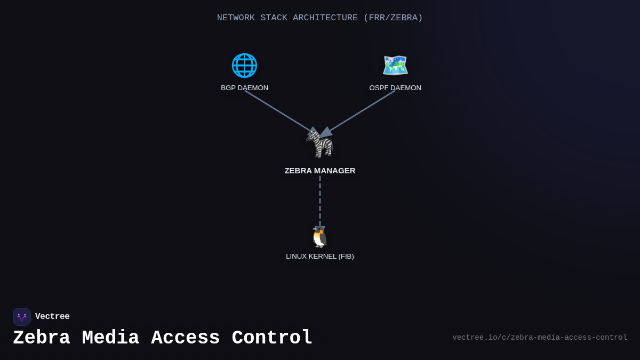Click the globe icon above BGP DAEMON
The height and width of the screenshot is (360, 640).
pos(244,66)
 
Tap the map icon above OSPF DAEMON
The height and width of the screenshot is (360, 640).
pos(395,66)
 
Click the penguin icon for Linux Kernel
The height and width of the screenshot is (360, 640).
pos(320,237)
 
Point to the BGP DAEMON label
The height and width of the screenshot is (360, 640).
pos(245,88)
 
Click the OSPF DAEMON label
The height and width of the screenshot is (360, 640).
pos(395,88)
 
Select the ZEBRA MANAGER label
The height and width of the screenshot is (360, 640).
pos(320,171)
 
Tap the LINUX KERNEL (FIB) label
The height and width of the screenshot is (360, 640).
pos(320,257)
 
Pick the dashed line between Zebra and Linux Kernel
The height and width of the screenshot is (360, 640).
pos(320,200)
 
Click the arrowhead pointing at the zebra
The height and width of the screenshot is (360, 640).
pos(325,132)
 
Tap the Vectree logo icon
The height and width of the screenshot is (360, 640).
pos(22,317)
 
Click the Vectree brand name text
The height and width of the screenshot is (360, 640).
pos(52,317)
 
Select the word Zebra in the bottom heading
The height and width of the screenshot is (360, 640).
pos(42,338)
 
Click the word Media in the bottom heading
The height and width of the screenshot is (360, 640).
pos(110,338)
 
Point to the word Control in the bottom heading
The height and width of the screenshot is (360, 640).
pos(272,338)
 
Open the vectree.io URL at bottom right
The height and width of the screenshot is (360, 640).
pos(540,338)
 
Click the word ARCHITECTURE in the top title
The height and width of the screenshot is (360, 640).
pos(325,18)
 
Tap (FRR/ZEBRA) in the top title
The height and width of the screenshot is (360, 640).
pos(393,18)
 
